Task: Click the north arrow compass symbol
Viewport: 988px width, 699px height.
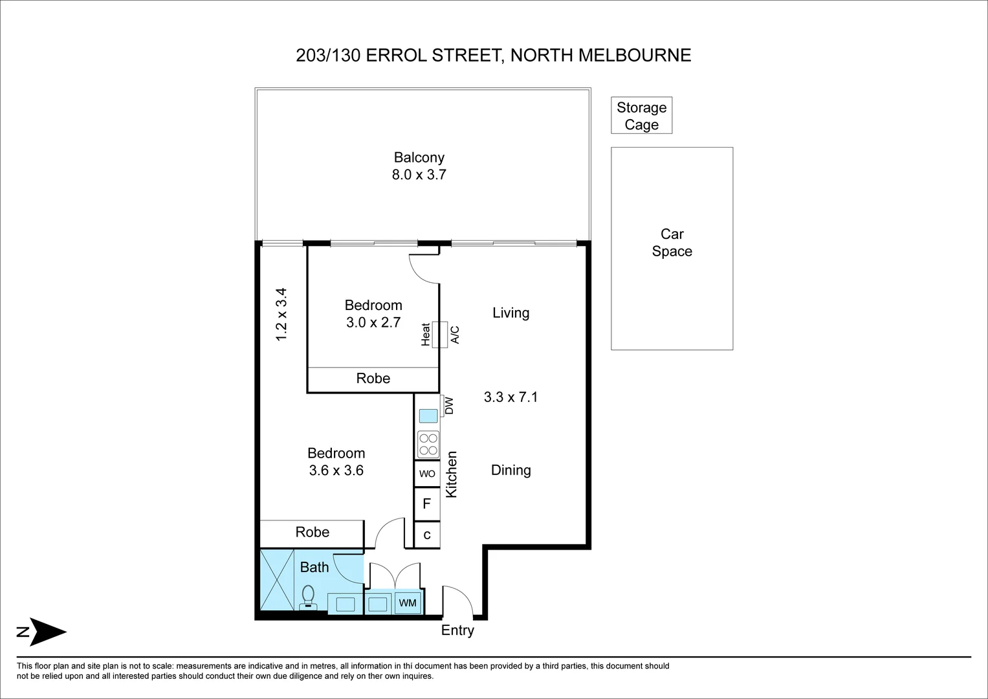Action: tap(42, 632)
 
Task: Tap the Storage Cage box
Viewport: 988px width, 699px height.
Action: tap(641, 115)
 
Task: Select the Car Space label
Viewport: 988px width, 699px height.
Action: tap(672, 242)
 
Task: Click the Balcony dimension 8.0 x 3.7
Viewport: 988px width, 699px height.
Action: tap(419, 175)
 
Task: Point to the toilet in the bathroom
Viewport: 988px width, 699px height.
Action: tap(308, 597)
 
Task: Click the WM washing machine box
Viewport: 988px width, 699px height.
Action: tap(408, 603)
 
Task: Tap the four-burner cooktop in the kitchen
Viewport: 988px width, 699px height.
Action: tap(428, 445)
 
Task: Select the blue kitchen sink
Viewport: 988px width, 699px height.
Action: tap(428, 416)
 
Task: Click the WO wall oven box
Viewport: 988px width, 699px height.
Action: tap(427, 474)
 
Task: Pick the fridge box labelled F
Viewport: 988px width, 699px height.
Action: tap(427, 504)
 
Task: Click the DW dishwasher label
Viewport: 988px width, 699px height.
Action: tap(449, 406)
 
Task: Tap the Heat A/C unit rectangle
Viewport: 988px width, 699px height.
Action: tap(440, 335)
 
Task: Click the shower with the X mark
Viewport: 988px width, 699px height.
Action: tap(277, 579)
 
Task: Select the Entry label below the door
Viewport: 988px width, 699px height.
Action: tap(457, 630)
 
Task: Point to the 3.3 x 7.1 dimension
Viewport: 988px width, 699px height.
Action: tap(510, 397)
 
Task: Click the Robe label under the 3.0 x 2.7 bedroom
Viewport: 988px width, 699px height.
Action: tap(373, 378)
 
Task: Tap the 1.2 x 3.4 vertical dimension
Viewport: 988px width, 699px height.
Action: tap(281, 314)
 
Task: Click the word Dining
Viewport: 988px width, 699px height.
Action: tap(510, 471)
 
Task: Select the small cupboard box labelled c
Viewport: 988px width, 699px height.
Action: tap(427, 535)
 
